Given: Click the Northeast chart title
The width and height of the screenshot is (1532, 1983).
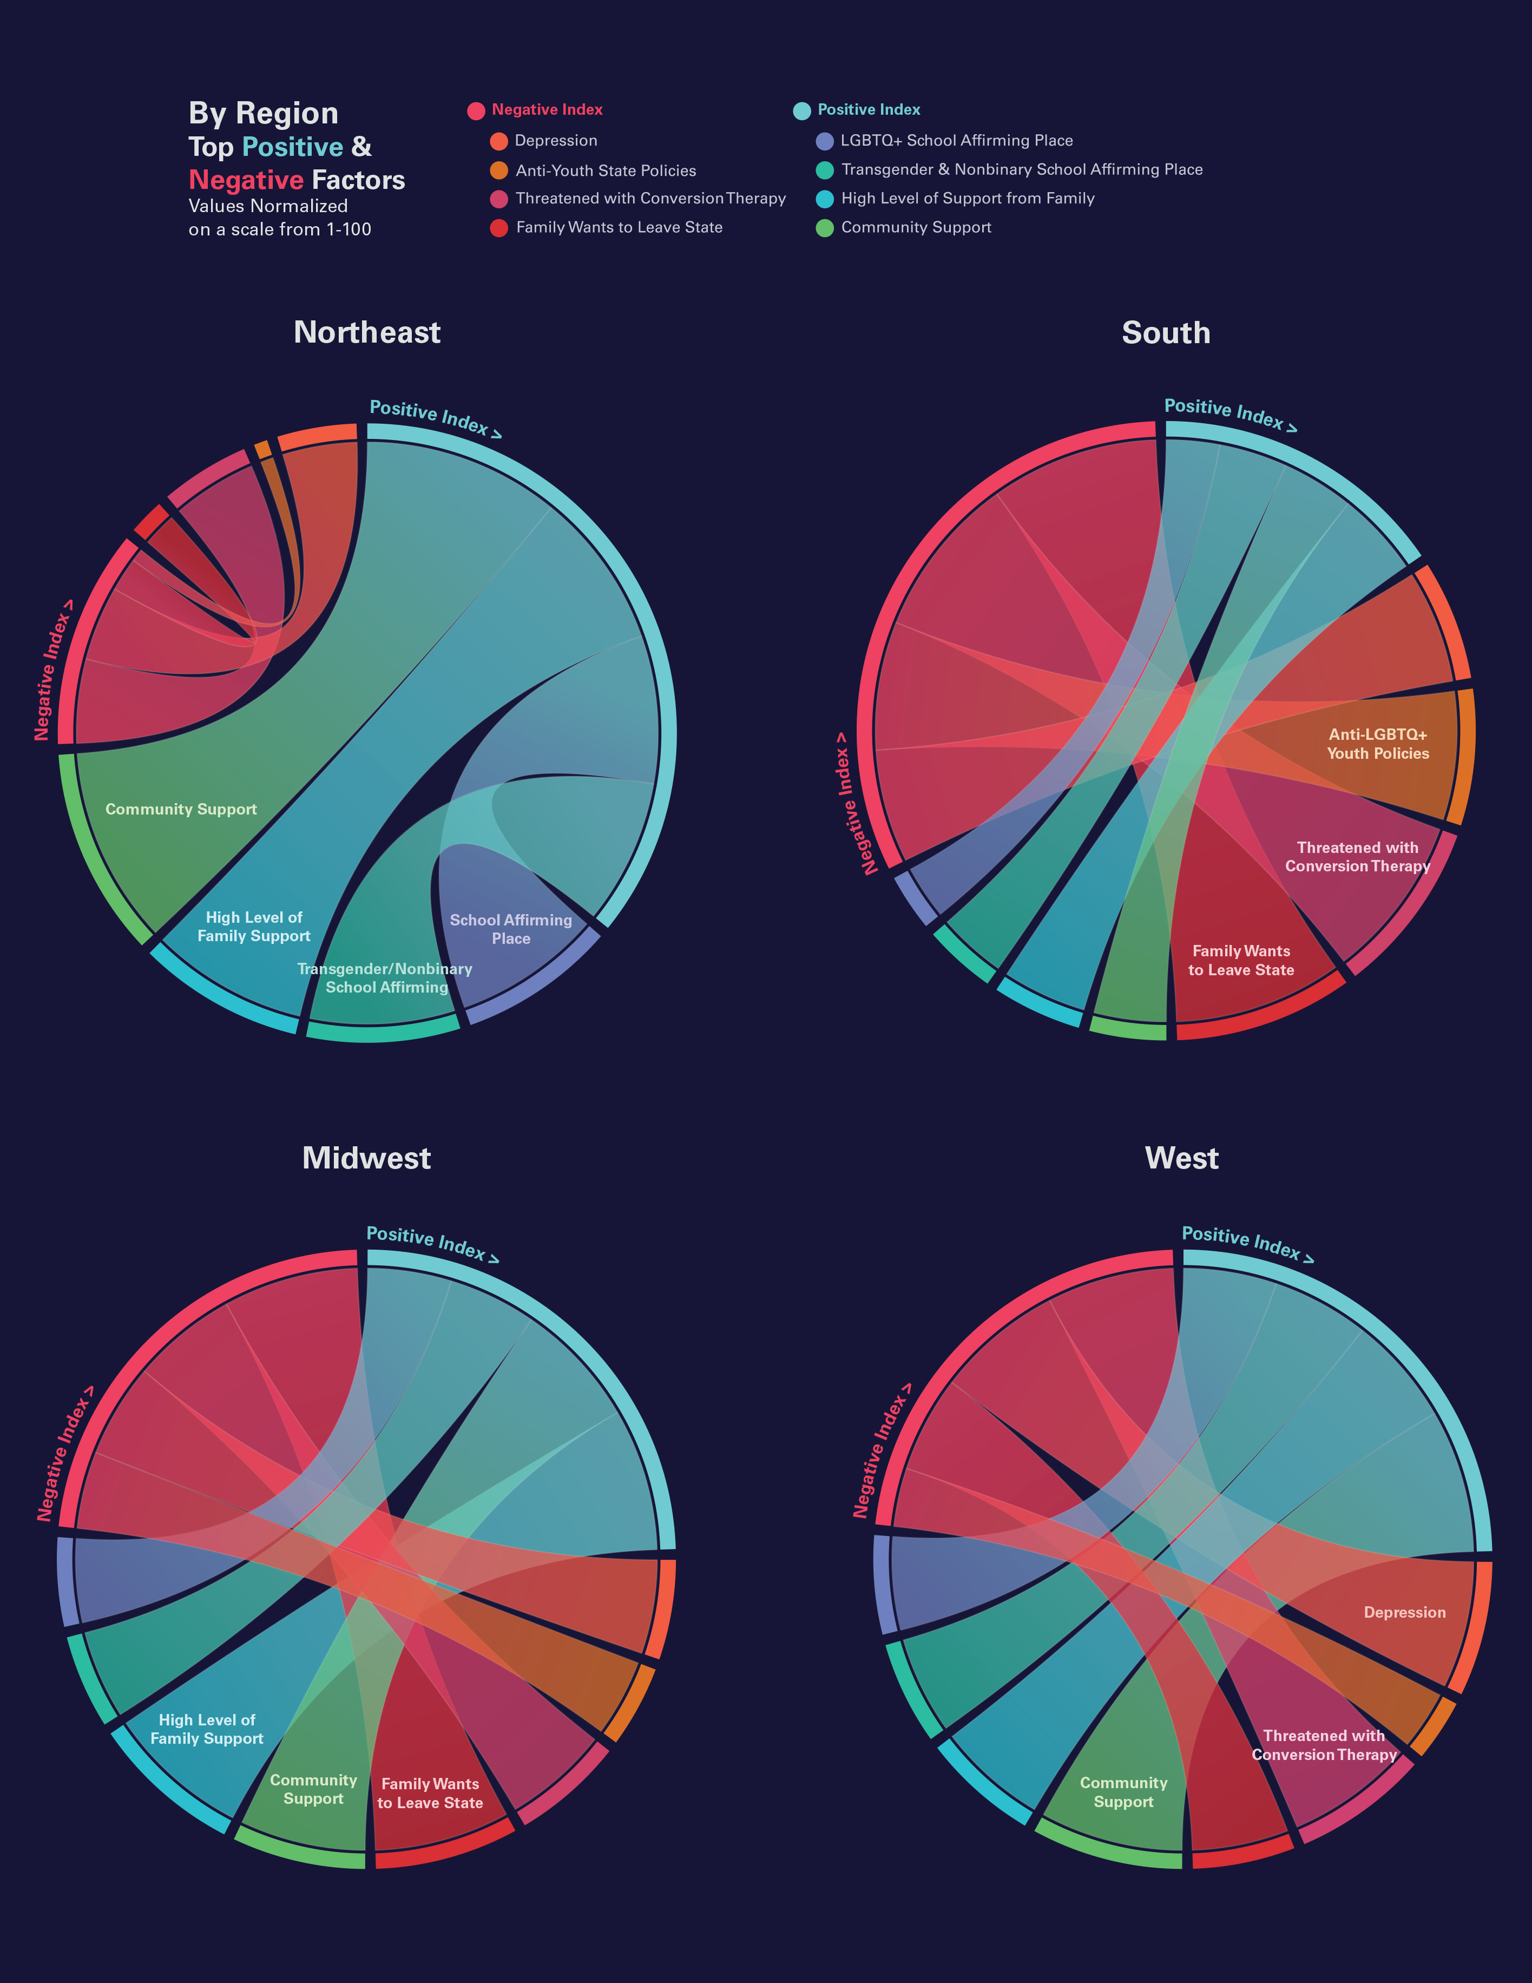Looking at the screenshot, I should pos(367,332).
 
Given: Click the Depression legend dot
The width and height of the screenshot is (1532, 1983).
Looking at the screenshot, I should pos(498,141).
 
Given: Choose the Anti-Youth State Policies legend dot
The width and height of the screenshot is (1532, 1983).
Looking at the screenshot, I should pos(498,170).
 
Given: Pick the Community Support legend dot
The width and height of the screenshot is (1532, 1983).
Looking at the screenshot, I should pos(825,228).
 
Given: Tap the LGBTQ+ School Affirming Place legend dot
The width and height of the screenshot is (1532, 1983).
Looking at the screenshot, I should pos(825,141).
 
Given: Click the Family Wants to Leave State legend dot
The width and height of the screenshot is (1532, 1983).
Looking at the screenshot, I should pos(498,228).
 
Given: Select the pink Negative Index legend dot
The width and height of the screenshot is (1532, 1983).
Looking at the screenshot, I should pos(476,111).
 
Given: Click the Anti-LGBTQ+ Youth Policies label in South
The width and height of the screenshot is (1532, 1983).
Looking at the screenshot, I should pos(1378,744).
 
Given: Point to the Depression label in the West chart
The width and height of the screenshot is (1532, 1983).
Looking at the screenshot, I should pos(1404,1613).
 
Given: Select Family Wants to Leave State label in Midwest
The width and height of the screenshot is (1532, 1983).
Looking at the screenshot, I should pos(430,1793).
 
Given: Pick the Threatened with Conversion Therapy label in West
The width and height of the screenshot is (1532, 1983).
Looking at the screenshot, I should pos(1324,1745).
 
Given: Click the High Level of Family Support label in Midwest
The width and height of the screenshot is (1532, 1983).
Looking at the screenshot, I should pos(207,1729).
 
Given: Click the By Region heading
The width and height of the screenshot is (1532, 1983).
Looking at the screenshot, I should pos(264,114).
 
